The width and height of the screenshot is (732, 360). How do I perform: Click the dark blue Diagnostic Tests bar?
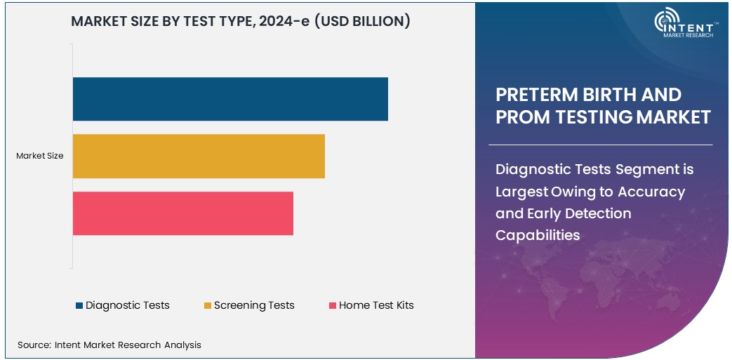(x=230, y=99)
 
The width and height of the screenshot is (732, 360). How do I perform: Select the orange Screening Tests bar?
(x=199, y=156)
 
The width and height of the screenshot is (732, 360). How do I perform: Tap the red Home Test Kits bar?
(x=182, y=213)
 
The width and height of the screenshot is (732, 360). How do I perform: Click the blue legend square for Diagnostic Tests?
(x=79, y=305)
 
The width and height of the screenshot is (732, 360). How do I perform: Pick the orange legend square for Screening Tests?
(x=208, y=305)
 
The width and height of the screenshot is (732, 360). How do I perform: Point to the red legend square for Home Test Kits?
(x=333, y=305)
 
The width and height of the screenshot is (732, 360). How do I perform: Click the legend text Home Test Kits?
(x=376, y=305)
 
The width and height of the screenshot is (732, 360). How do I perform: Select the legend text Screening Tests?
(x=254, y=305)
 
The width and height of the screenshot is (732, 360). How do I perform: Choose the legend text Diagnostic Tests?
(x=128, y=305)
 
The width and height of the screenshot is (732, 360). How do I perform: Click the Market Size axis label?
(x=40, y=156)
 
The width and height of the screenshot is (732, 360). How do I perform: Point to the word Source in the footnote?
(x=33, y=345)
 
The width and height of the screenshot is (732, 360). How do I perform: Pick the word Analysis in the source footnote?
(x=182, y=345)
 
